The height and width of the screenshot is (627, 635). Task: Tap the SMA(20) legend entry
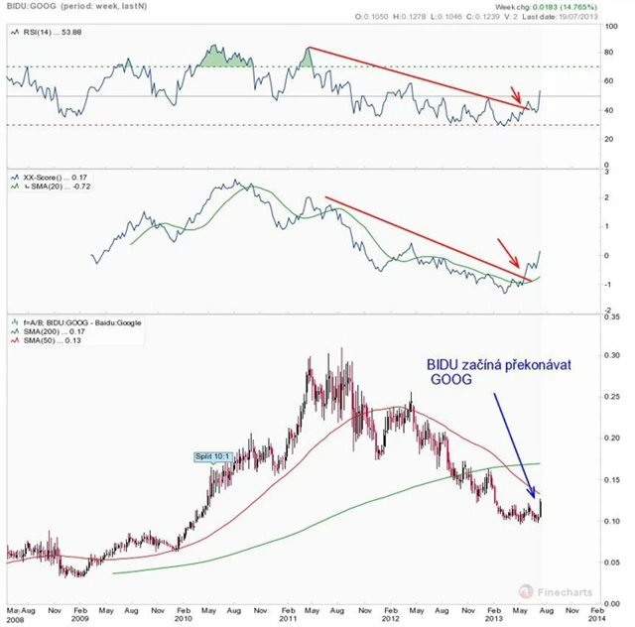[45, 185]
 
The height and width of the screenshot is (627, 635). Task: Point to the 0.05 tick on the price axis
[611, 563]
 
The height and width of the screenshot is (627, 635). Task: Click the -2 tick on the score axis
[606, 312]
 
